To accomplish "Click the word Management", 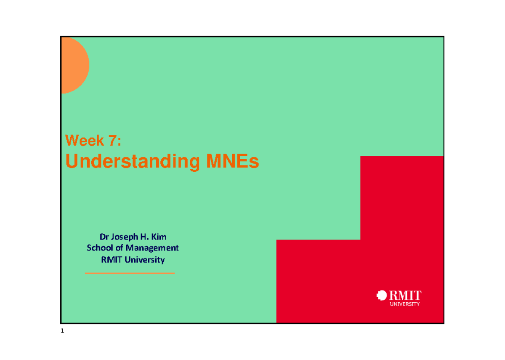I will (x=153, y=248).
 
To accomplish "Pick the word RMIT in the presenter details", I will (x=111, y=260).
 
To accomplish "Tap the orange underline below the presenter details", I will (x=130, y=273).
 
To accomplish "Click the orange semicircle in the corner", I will (x=74, y=65).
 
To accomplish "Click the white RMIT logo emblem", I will (x=382, y=296).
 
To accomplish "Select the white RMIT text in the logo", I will (x=405, y=295).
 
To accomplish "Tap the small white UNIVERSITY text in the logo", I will (x=405, y=304).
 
